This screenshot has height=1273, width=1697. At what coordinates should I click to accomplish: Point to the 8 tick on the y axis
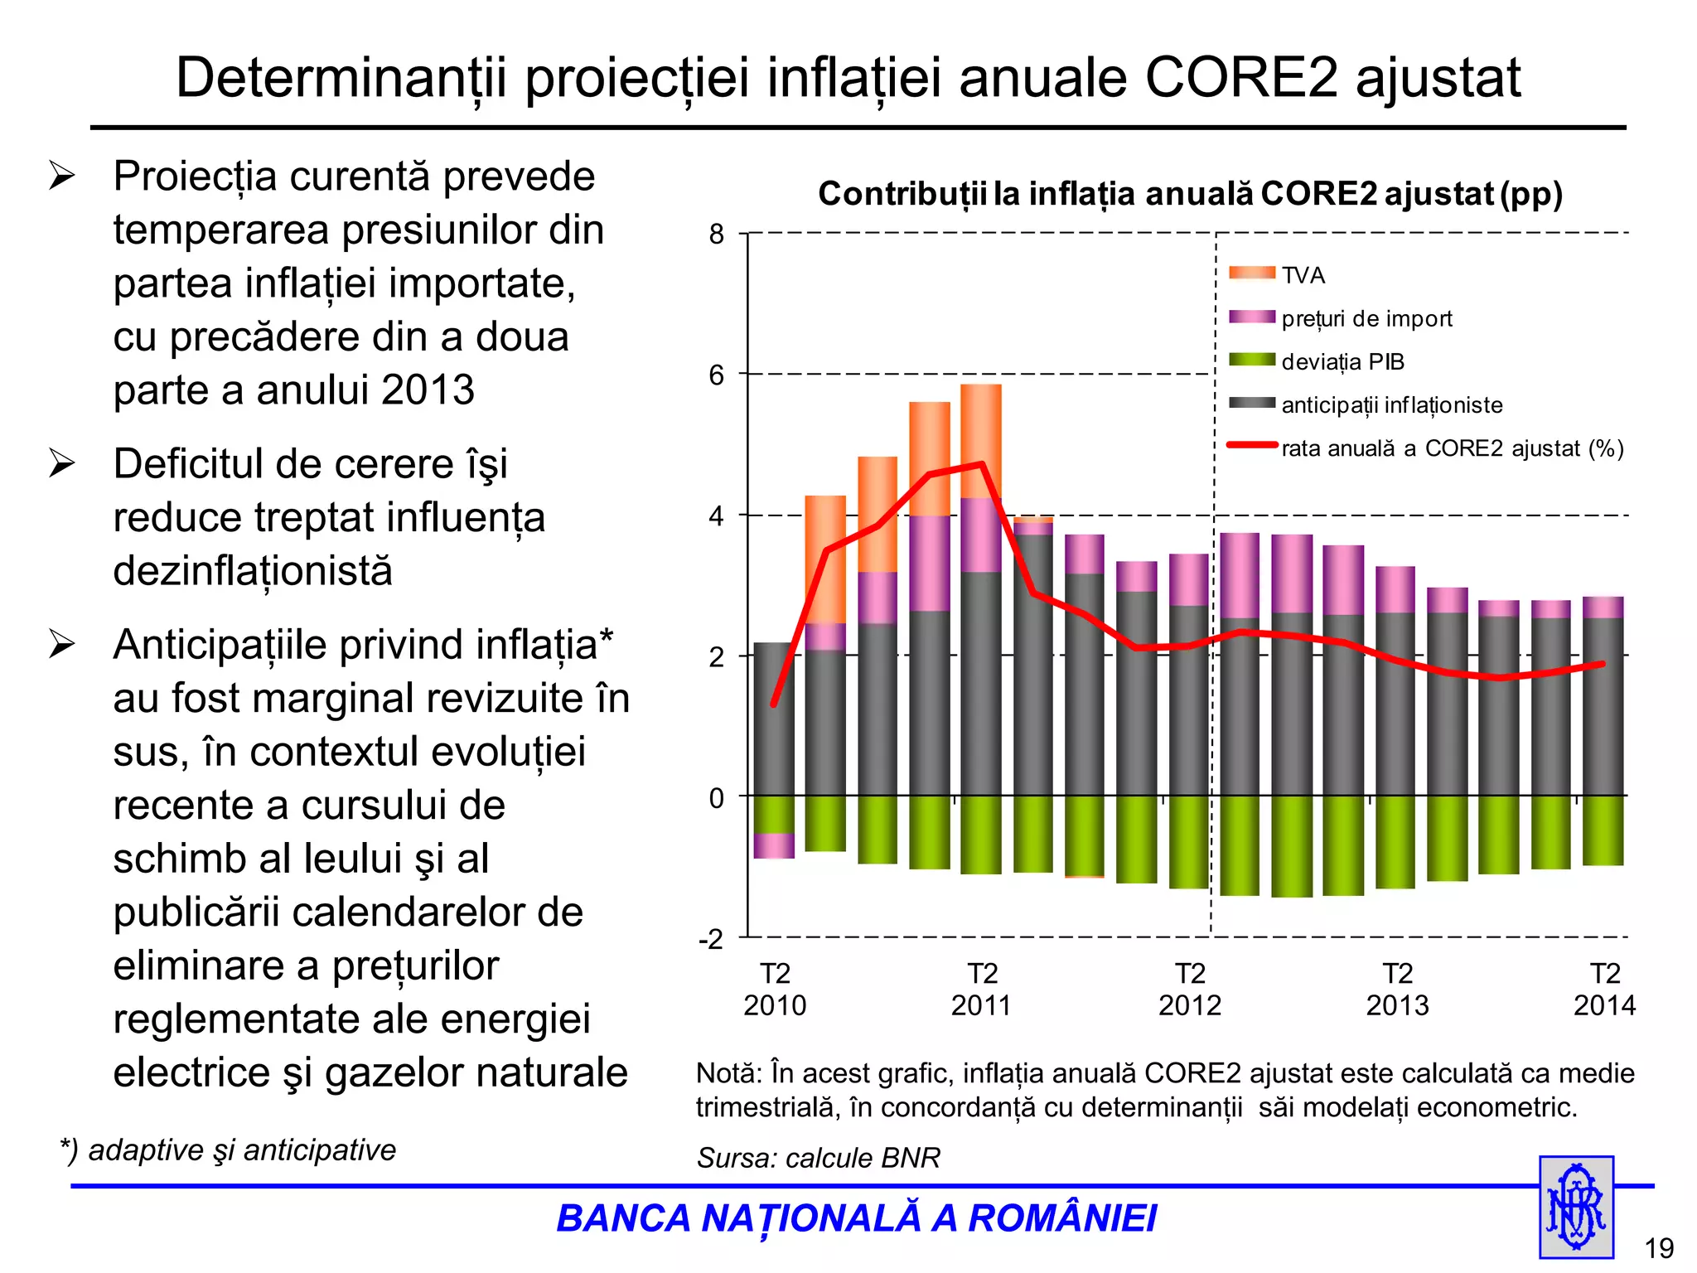point(717,235)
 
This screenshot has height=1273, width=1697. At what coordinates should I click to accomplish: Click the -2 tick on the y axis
point(711,939)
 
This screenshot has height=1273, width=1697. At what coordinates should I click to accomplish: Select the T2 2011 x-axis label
point(982,989)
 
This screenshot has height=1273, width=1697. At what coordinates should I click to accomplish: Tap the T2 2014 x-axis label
point(1604,989)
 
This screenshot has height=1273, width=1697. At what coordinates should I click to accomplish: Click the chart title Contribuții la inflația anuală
point(1190,194)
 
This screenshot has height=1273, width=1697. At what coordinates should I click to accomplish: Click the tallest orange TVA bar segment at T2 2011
point(981,439)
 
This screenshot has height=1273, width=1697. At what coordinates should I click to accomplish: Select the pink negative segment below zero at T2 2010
point(774,846)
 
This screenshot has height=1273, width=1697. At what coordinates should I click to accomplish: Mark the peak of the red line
point(982,463)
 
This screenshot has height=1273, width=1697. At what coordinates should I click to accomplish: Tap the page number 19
point(1659,1248)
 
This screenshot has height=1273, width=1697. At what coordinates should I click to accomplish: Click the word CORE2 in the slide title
point(1240,79)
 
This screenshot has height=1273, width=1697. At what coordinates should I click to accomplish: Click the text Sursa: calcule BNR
point(818,1158)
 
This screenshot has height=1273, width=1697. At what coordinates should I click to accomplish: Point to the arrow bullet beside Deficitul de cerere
point(62,463)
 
